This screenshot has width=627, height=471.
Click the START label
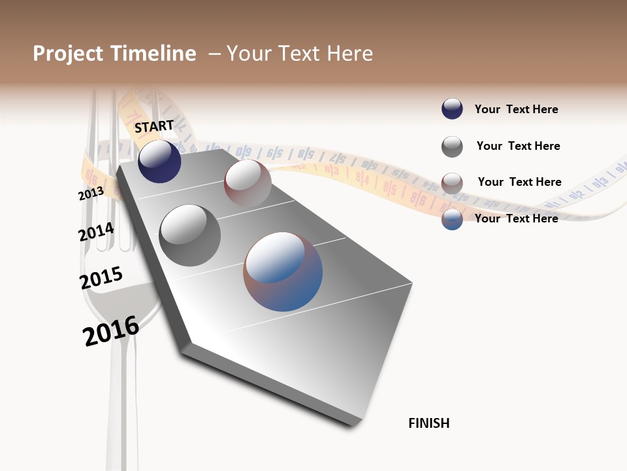[154, 126]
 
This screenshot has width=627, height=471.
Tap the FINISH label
[428, 423]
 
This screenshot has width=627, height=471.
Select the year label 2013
[91, 194]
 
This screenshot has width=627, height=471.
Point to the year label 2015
[101, 277]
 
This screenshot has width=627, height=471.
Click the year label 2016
[111, 330]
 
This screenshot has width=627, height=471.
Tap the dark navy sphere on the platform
[159, 162]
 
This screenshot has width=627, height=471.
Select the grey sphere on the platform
[189, 235]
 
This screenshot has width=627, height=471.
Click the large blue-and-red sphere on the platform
[283, 271]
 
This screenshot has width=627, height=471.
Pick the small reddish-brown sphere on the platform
[248, 183]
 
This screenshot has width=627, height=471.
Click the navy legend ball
[452, 109]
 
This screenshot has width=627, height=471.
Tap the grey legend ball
[452, 147]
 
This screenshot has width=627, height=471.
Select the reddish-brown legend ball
[452, 183]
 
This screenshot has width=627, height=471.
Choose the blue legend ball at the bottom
[452, 219]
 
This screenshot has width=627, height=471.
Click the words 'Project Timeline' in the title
[114, 54]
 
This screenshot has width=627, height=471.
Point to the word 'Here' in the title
[350, 54]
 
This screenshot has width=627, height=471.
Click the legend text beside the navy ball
[516, 109]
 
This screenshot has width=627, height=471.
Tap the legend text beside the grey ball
[518, 146]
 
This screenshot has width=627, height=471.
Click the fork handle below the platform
[123, 406]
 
